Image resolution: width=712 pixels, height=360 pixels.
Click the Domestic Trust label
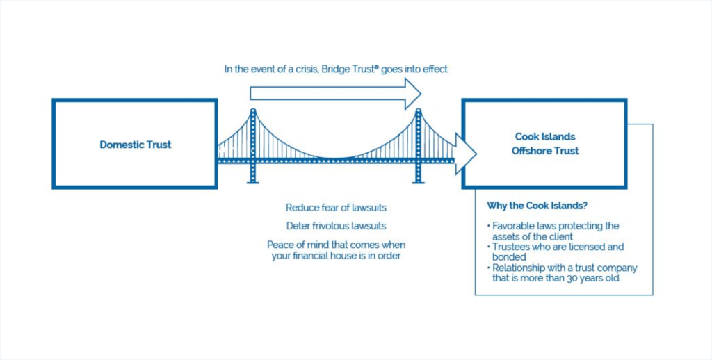[x=135, y=145]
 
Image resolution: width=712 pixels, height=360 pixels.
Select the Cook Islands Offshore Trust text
[x=545, y=144]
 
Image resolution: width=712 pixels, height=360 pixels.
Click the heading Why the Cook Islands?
[x=533, y=206]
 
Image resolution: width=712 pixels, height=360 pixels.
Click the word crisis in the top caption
[x=304, y=69]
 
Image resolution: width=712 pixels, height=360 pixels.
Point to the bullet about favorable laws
[x=555, y=231]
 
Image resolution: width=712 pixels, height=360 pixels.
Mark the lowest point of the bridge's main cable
[x=335, y=156]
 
